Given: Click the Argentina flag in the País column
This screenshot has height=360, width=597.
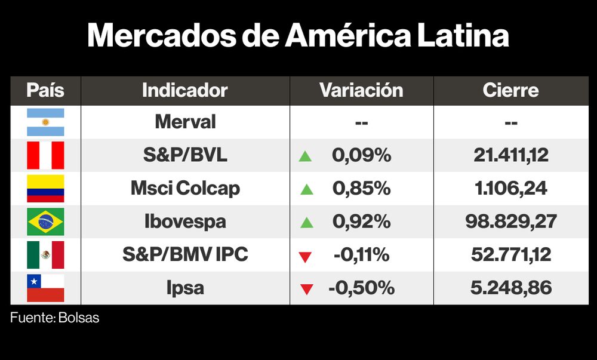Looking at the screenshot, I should [x=45, y=122].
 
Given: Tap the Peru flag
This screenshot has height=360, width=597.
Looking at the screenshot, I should [x=45, y=156].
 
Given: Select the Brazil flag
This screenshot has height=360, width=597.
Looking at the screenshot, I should [x=45, y=222].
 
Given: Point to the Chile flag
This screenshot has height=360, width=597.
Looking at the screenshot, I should [x=45, y=288].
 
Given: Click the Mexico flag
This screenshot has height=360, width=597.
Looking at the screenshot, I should [x=45, y=255].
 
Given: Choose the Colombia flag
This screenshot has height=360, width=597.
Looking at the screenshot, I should [x=45, y=189].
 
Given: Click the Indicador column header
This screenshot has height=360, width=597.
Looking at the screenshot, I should [x=185, y=91].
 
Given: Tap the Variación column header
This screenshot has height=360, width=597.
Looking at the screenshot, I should [x=361, y=91].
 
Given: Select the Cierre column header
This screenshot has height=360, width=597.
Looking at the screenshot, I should [x=510, y=91].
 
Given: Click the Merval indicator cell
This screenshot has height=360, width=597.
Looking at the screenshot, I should [x=185, y=122].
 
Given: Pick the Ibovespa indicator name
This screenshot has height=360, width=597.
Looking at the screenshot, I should [x=185, y=222].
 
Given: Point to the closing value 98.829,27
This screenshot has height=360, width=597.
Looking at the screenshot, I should [x=510, y=222].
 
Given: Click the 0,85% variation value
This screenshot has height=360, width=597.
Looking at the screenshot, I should [x=362, y=189].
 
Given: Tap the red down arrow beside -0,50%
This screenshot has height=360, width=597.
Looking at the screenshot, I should [x=306, y=290].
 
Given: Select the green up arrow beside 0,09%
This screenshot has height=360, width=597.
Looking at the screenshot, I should [x=306, y=156].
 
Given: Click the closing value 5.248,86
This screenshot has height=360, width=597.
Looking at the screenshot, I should [x=510, y=288].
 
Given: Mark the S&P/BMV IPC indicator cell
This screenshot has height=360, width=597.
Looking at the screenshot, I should [x=185, y=255].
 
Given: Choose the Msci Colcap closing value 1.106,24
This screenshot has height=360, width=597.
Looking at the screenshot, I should [x=510, y=189].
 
